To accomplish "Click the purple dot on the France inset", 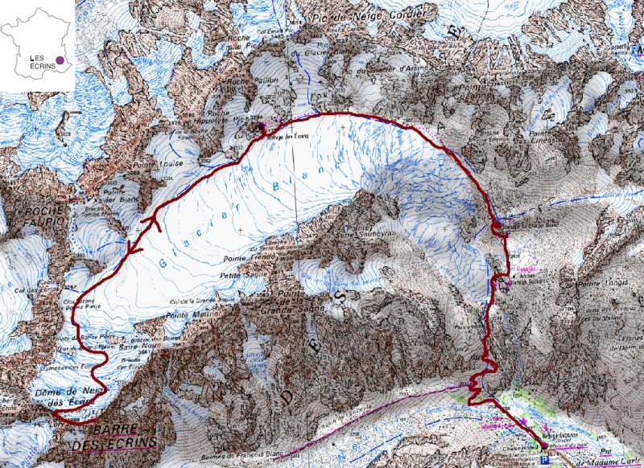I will pos(59,59).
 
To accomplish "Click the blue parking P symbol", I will pos(547,460).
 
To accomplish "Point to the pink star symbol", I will pos(524,421).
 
